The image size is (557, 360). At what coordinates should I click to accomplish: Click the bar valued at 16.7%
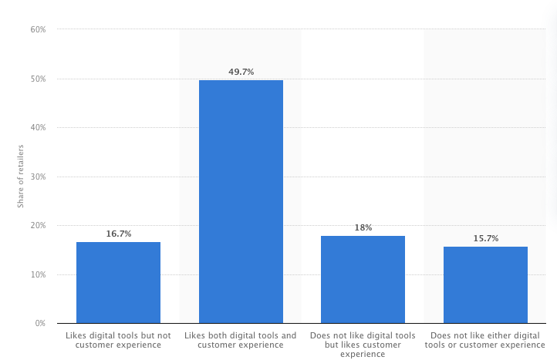(x=118, y=282)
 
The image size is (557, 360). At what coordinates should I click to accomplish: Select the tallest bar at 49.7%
(x=241, y=201)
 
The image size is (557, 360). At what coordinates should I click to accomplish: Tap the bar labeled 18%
(x=363, y=279)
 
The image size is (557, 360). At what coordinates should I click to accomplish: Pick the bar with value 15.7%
(x=485, y=284)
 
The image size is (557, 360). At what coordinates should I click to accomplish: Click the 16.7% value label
(x=118, y=234)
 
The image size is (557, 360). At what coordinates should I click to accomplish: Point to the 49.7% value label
(x=241, y=72)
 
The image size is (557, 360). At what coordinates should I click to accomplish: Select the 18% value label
(x=363, y=227)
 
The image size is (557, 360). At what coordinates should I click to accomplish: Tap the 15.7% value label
(x=485, y=238)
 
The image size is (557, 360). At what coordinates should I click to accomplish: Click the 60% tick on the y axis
(x=38, y=29)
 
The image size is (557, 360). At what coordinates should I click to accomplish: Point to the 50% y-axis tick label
(x=38, y=79)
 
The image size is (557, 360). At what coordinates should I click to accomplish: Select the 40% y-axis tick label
(x=38, y=127)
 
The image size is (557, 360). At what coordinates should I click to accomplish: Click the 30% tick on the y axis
(x=38, y=177)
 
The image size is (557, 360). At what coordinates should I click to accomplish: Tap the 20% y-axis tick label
(x=38, y=225)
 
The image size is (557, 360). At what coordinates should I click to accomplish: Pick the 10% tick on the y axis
(x=38, y=274)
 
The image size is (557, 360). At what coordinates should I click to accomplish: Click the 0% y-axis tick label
(x=40, y=323)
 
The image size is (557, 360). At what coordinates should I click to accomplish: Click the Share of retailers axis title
(x=21, y=176)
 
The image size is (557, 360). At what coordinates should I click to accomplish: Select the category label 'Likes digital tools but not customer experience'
(x=118, y=340)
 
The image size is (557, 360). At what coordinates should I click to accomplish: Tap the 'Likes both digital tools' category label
(x=241, y=340)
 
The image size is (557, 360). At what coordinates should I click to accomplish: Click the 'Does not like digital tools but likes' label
(x=363, y=345)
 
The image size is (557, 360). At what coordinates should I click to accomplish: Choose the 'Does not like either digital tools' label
(x=485, y=340)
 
